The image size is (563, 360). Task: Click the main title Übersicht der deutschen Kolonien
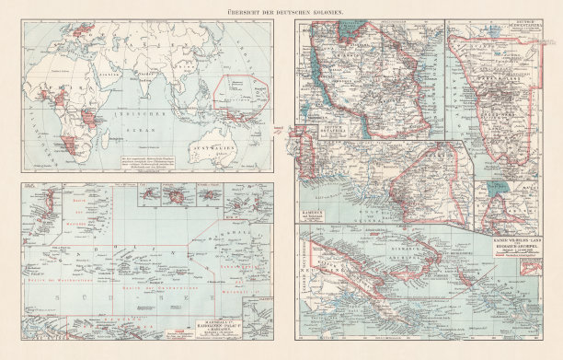point(281,8)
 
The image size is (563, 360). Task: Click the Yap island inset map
point(147,195)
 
